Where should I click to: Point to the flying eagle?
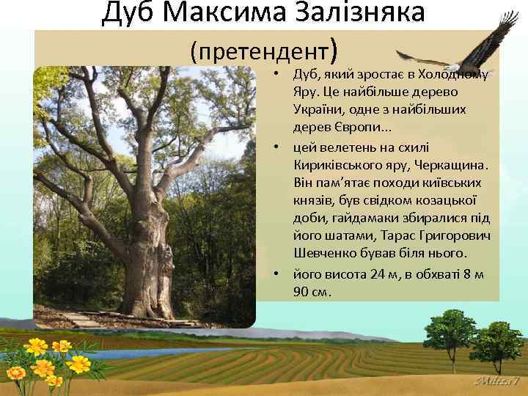[469, 48]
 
